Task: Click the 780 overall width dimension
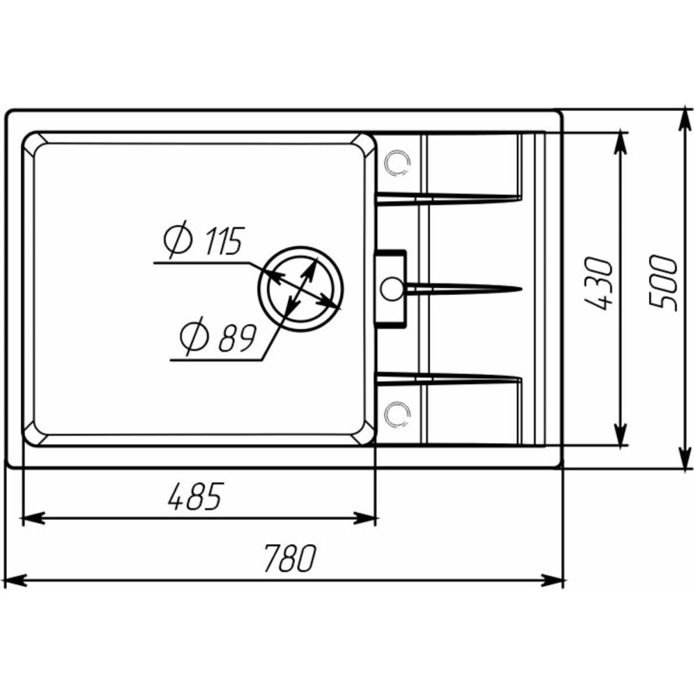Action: [290, 558]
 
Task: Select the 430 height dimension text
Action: [598, 284]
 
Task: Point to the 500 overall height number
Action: [663, 284]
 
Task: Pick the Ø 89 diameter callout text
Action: [218, 337]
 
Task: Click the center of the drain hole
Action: [301, 289]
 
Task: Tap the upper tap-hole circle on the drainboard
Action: [397, 163]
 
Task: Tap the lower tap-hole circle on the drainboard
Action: [397, 414]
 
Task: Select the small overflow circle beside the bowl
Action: [391, 289]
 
